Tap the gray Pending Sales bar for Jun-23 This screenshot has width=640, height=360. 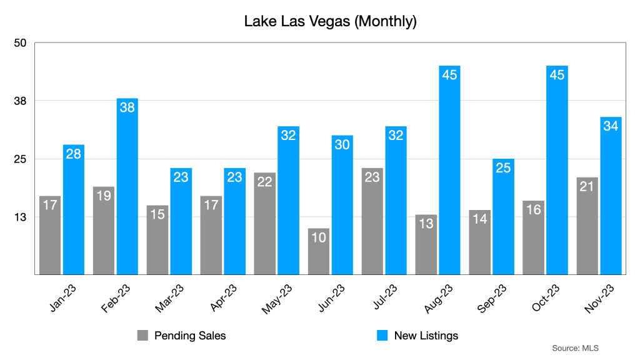pyautogui.click(x=318, y=251)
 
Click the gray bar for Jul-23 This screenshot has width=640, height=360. pyautogui.click(x=372, y=221)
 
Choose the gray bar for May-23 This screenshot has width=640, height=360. pyautogui.click(x=264, y=223)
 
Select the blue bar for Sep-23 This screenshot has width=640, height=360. pyautogui.click(x=503, y=216)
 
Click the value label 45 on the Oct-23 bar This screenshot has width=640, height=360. pyautogui.click(x=556, y=75)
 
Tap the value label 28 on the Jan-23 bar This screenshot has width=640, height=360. pyautogui.click(x=74, y=154)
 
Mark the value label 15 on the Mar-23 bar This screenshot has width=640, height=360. pyautogui.click(x=157, y=214)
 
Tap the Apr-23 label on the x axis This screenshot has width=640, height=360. pyautogui.click(x=222, y=297)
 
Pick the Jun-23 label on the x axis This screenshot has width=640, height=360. pyautogui.click(x=329, y=297)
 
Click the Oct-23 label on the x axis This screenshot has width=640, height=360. pyautogui.click(x=544, y=297)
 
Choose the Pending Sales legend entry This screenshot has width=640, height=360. pyautogui.click(x=188, y=336)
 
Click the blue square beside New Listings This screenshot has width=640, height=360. pyautogui.click(x=382, y=336)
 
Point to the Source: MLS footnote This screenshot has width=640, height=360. pyautogui.click(x=575, y=347)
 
